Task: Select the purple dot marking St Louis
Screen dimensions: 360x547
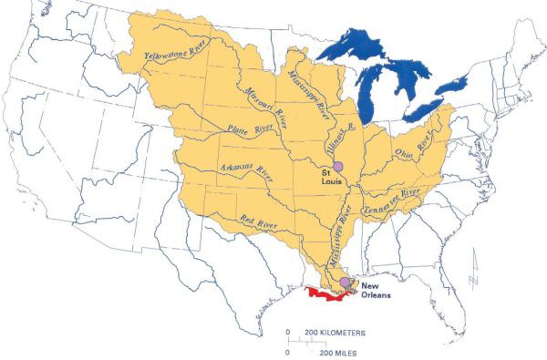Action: point(337,166)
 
